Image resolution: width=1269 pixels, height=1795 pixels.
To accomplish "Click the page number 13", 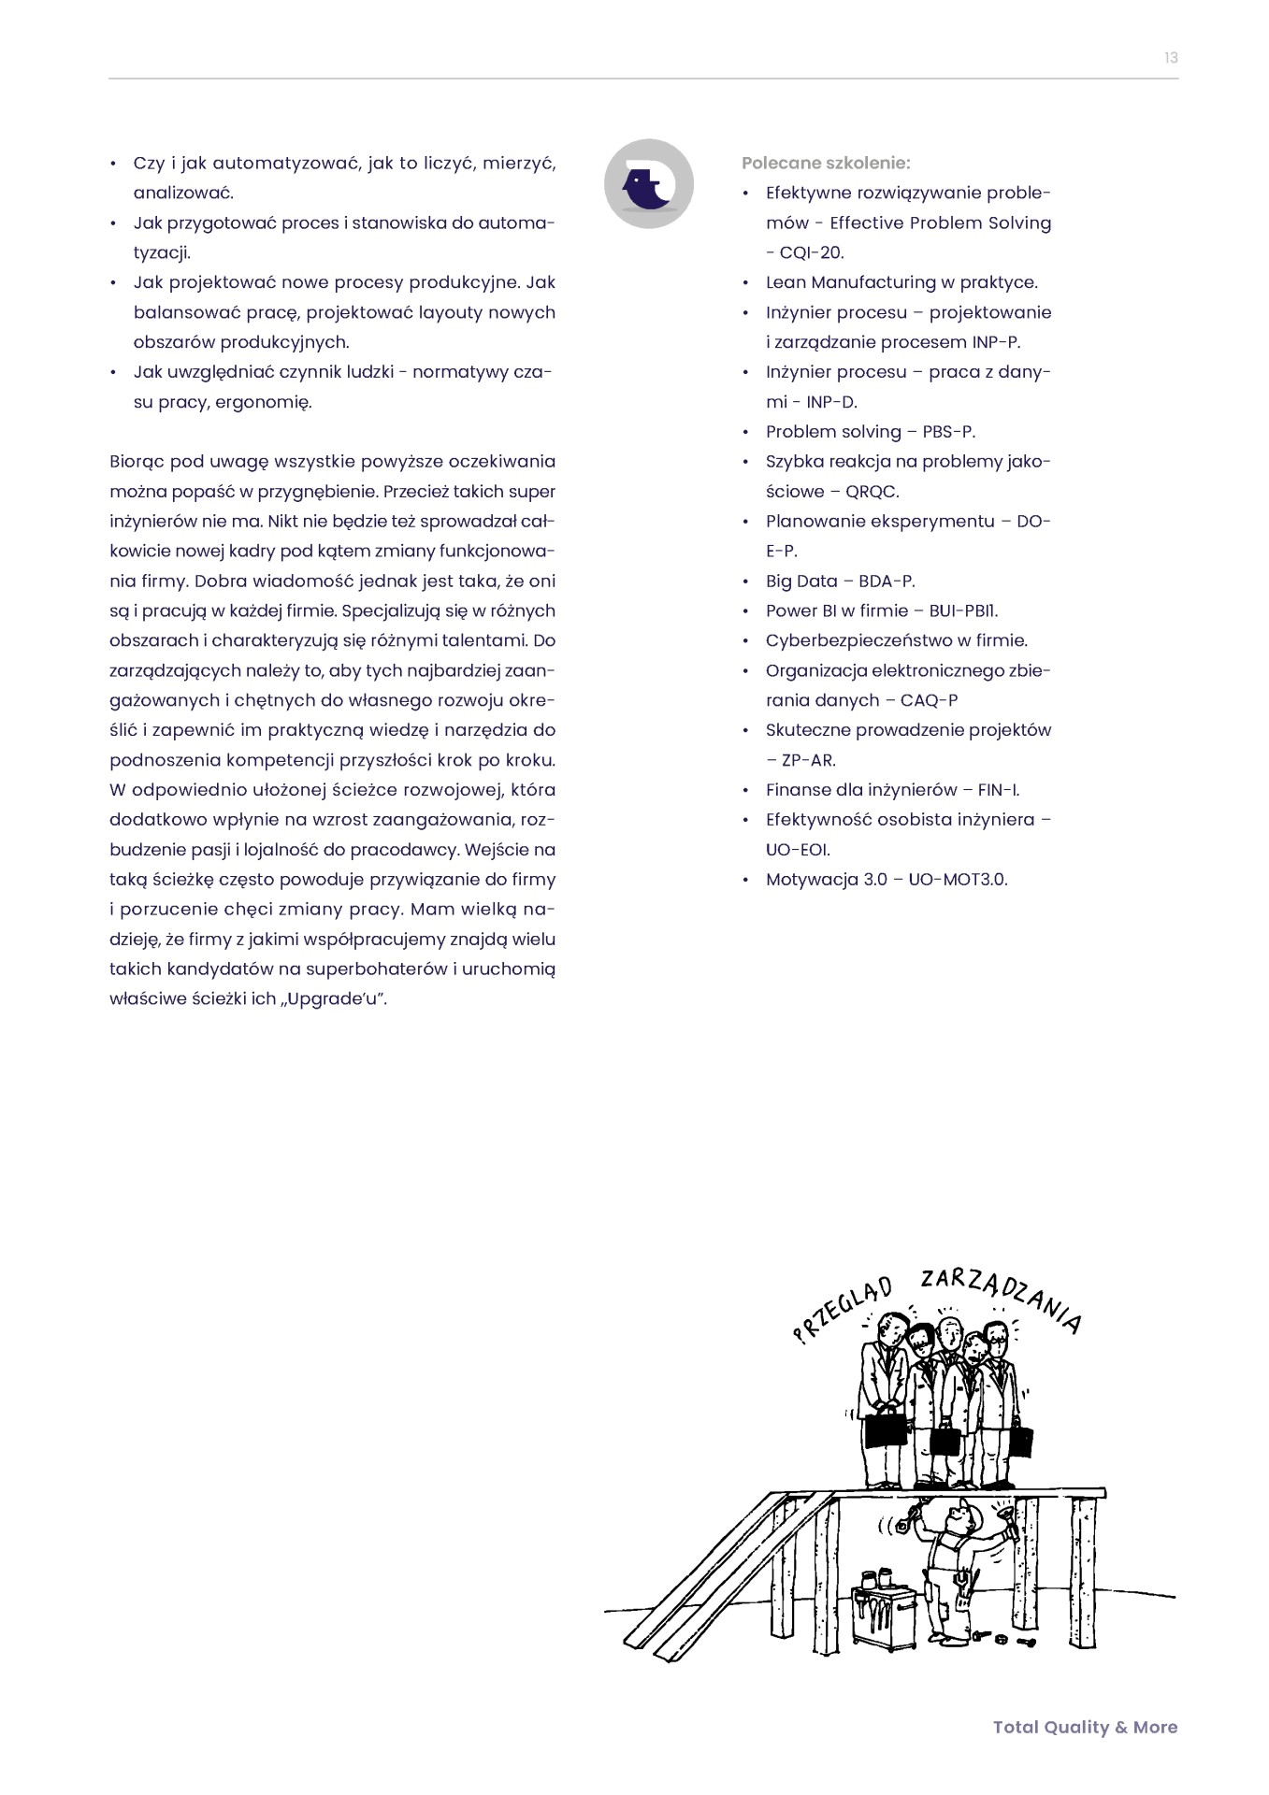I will (1171, 58).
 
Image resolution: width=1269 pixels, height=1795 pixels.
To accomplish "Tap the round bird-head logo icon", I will (648, 183).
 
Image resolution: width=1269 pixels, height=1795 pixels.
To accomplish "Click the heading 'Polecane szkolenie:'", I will (825, 163).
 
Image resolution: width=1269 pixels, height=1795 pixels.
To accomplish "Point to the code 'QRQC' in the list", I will (872, 492).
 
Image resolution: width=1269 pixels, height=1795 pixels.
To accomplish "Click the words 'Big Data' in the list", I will (801, 582).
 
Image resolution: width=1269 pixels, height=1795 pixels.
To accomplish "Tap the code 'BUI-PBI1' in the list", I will (962, 611).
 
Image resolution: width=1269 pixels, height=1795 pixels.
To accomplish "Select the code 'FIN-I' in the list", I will (997, 790).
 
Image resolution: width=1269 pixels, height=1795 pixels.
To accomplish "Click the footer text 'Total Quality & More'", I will (1085, 1727).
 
